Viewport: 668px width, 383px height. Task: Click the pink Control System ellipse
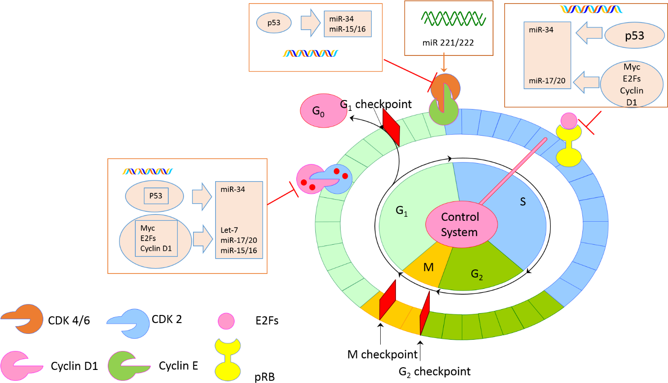pyautogui.click(x=461, y=224)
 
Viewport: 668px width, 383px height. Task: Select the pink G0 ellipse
pyautogui.click(x=322, y=110)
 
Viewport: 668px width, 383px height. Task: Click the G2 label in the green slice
pyautogui.click(x=477, y=274)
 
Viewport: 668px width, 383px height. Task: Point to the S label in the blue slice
pyautogui.click(x=523, y=201)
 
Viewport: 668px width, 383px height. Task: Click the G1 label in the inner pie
pyautogui.click(x=401, y=210)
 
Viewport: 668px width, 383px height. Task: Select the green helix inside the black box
pyautogui.click(x=453, y=19)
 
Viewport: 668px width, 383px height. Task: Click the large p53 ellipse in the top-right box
pyautogui.click(x=634, y=36)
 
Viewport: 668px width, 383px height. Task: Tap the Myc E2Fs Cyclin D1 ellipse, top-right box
pyautogui.click(x=631, y=84)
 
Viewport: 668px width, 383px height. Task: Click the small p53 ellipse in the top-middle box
pyautogui.click(x=274, y=23)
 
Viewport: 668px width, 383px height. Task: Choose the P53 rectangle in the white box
pyautogui.click(x=156, y=196)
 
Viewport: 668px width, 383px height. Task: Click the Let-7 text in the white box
pyautogui.click(x=229, y=230)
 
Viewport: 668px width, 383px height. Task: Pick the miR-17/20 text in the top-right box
pyautogui.click(x=547, y=81)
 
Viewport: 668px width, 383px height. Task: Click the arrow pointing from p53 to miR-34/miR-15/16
pyautogui.click(x=310, y=23)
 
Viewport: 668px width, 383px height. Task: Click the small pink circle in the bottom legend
pyautogui.click(x=226, y=321)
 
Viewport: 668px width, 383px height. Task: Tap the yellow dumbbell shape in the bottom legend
pyautogui.click(x=228, y=360)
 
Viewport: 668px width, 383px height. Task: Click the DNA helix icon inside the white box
pyautogui.click(x=147, y=171)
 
